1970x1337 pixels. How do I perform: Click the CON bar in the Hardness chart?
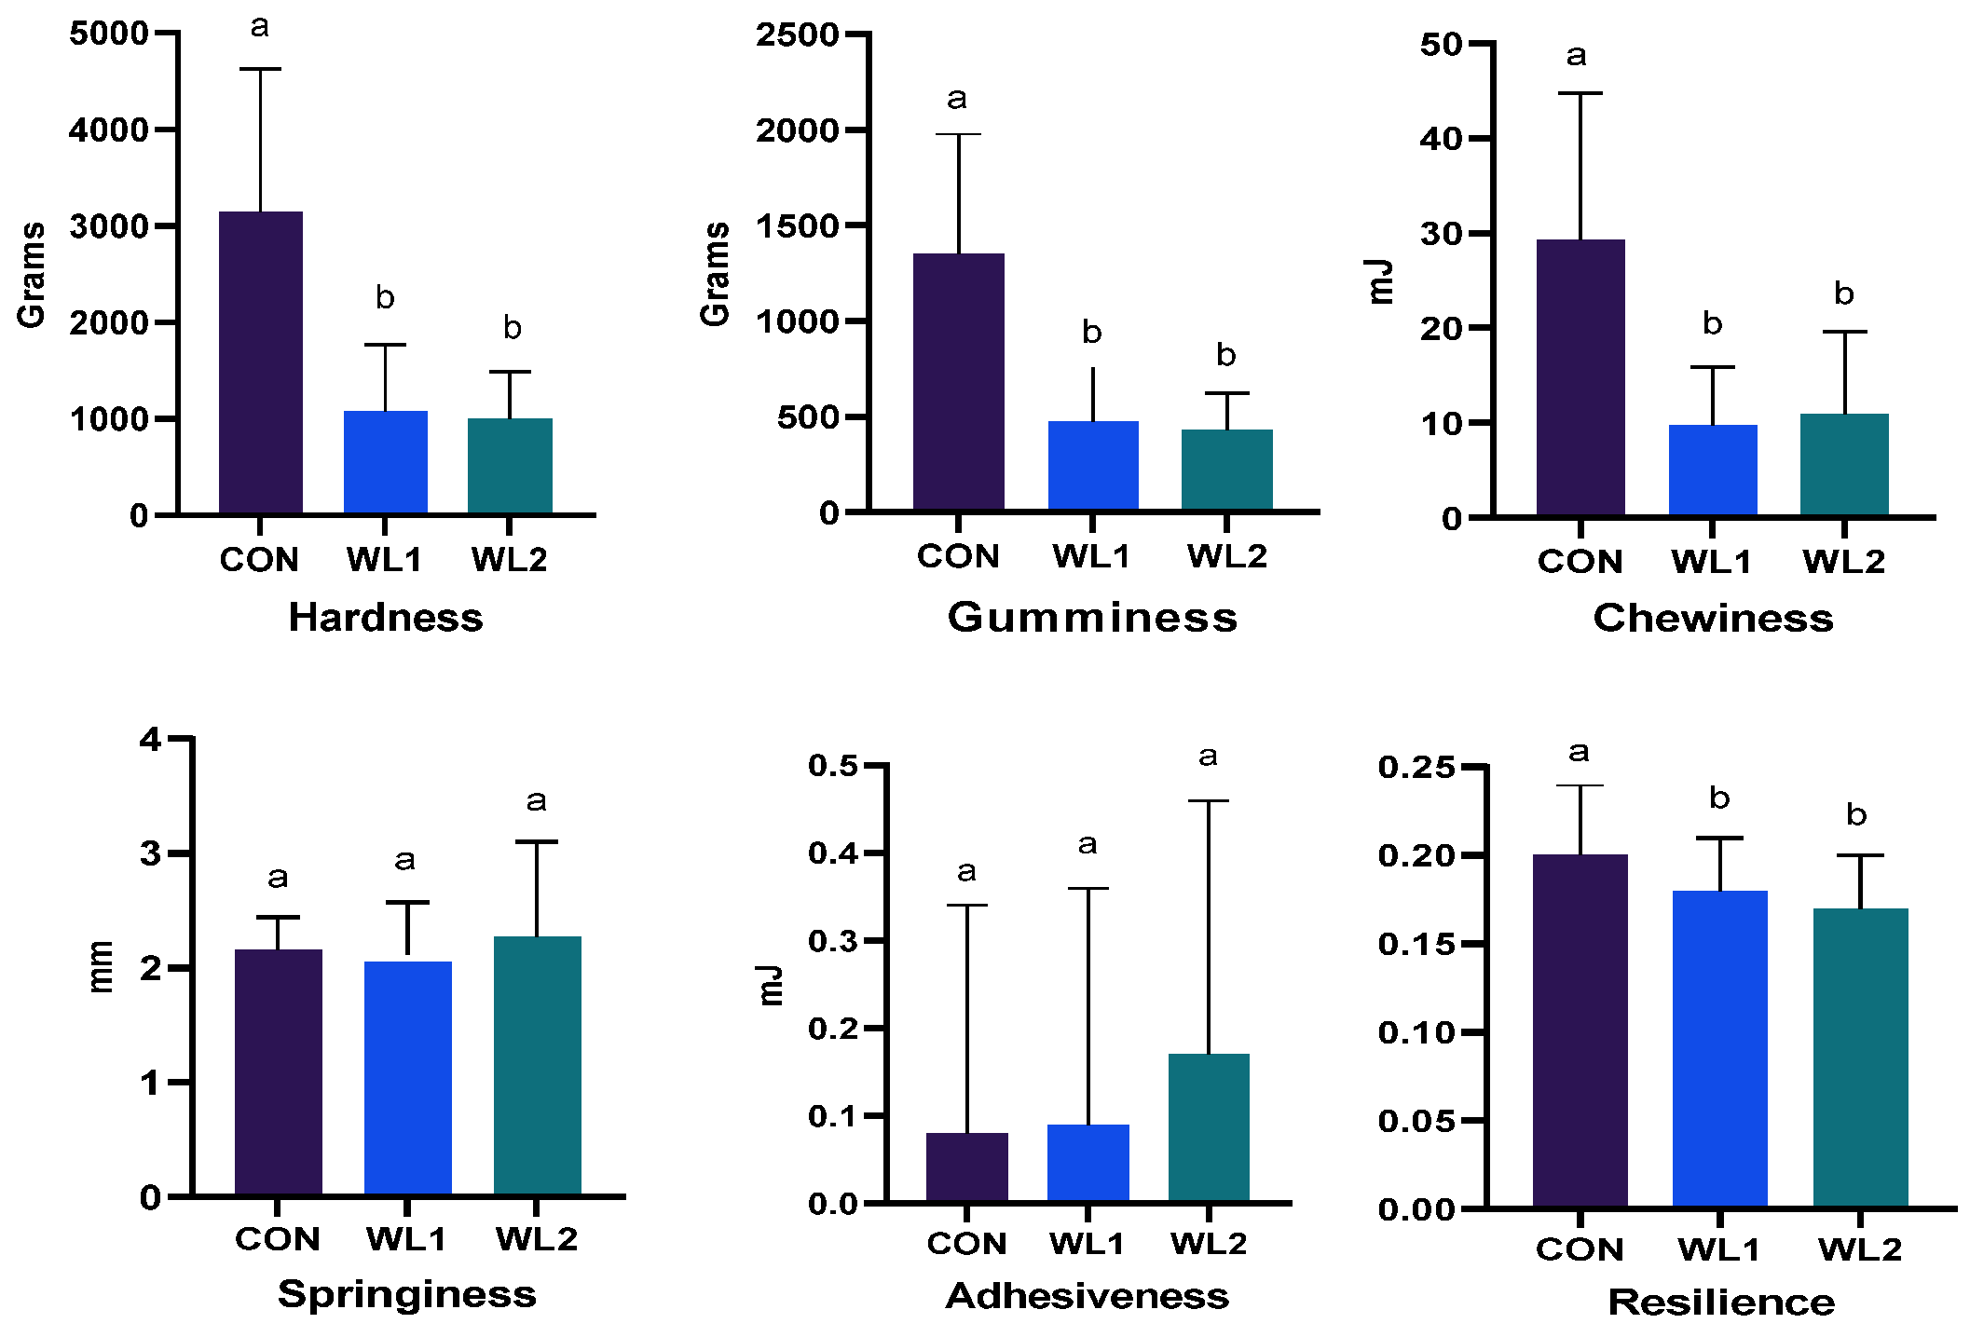(260, 363)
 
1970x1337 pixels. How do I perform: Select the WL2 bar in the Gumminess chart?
(1226, 471)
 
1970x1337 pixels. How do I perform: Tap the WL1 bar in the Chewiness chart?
(1712, 471)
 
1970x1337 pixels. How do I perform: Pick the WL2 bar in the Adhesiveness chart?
(1208, 1128)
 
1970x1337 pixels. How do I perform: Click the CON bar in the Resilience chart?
(1580, 1030)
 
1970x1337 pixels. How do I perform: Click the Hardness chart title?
(386, 618)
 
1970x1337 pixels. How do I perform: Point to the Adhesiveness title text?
(1087, 1296)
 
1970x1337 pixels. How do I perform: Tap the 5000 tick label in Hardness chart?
(108, 34)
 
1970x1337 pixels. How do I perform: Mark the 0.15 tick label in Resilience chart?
(1416, 944)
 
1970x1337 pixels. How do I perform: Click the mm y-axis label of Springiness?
(101, 966)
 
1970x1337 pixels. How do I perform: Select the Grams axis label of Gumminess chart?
(715, 274)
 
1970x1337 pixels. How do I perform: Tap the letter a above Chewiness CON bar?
(1576, 56)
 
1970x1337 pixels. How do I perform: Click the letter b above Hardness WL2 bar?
(512, 328)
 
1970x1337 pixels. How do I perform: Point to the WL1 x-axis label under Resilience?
(1718, 1249)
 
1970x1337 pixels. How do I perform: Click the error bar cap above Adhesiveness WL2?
(1208, 800)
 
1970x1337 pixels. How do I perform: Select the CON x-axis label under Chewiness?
(1580, 562)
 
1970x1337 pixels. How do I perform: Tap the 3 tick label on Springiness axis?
(151, 853)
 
